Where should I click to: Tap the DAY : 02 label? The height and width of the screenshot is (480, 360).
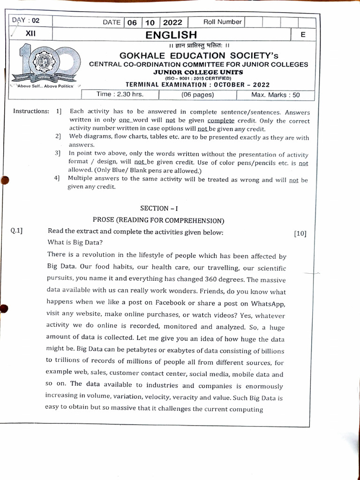click(x=26, y=20)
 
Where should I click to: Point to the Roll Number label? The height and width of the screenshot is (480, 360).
click(x=222, y=22)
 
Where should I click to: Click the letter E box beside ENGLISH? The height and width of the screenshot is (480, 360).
click(x=303, y=35)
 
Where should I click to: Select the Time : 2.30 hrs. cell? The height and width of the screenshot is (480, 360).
click(x=120, y=94)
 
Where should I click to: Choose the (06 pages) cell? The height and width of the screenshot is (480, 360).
click(x=197, y=95)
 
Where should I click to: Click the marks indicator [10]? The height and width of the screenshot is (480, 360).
click(x=300, y=233)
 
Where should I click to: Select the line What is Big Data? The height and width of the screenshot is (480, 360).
click(x=75, y=243)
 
